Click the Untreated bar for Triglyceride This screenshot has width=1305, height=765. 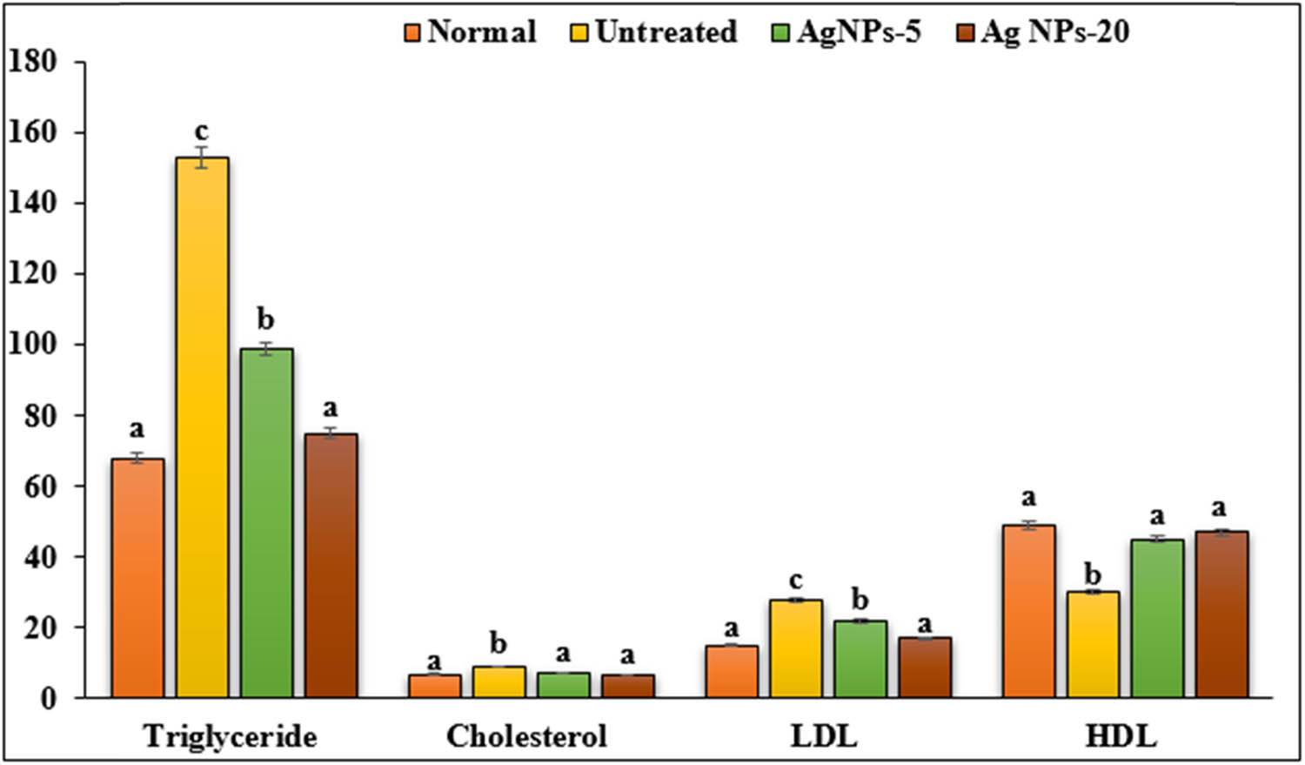click(202, 426)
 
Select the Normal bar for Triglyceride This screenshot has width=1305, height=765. click(137, 578)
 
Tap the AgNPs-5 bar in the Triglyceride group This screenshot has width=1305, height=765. click(266, 522)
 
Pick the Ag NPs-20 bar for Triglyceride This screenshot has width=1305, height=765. click(331, 565)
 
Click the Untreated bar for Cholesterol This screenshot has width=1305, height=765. click(499, 681)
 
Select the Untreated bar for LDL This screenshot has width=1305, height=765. click(796, 648)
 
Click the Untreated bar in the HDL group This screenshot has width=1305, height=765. click(1093, 644)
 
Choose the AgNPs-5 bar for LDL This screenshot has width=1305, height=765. click(860, 659)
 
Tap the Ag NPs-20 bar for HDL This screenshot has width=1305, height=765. click(1221, 614)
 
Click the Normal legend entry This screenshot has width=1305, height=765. click(470, 32)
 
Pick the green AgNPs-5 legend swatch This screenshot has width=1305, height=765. click(780, 33)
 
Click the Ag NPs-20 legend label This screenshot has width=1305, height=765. click(1054, 32)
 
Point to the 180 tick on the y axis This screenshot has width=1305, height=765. click(32, 62)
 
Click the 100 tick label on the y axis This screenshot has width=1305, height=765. click(32, 345)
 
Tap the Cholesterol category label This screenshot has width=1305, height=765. click(526, 736)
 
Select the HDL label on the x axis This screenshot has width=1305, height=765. click(1121, 736)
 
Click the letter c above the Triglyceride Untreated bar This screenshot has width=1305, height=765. click(201, 131)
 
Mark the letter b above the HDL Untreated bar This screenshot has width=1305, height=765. click(1093, 574)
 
